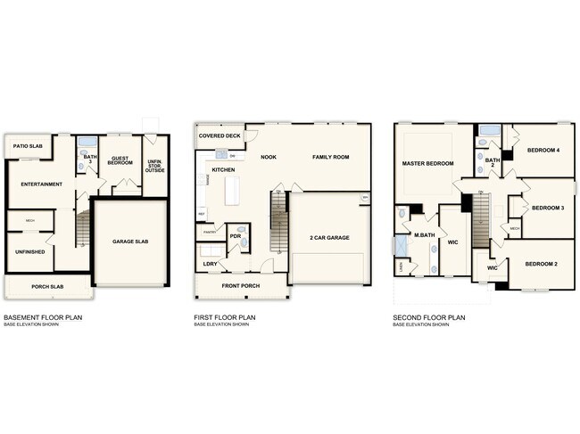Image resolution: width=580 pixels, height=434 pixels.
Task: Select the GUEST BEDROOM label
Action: pyautogui.click(x=121, y=161)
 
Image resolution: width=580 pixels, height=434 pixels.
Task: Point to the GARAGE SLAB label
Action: pyautogui.click(x=129, y=242)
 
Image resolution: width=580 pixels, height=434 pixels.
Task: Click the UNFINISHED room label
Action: pyautogui.click(x=30, y=252)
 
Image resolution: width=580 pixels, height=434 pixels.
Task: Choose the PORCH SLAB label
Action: pyautogui.click(x=46, y=286)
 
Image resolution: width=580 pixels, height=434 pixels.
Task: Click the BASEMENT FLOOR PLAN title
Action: pyautogui.click(x=43, y=316)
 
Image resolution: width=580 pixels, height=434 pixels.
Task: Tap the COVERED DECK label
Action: pyautogui.click(x=220, y=136)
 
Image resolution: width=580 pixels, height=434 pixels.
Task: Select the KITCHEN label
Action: pyautogui.click(x=223, y=169)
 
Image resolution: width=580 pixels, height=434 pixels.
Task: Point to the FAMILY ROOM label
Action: pyautogui.click(x=330, y=157)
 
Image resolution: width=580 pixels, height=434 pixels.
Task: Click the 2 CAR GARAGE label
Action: pyautogui.click(x=329, y=238)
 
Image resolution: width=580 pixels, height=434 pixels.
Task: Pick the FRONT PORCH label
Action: pyautogui.click(x=241, y=286)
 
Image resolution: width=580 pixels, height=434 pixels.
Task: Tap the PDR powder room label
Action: pyautogui.click(x=236, y=236)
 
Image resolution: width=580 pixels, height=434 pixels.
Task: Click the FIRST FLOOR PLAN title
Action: pyautogui.click(x=225, y=316)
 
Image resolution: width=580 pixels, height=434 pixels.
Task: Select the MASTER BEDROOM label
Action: pyautogui.click(x=428, y=164)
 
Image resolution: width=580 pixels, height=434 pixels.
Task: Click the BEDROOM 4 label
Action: pyautogui.click(x=542, y=150)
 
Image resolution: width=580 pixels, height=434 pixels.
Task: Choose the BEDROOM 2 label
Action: pyautogui.click(x=542, y=265)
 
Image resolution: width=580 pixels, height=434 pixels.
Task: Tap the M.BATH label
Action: pyautogui.click(x=423, y=235)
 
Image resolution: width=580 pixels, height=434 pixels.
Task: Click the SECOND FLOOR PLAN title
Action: pyautogui.click(x=430, y=316)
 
